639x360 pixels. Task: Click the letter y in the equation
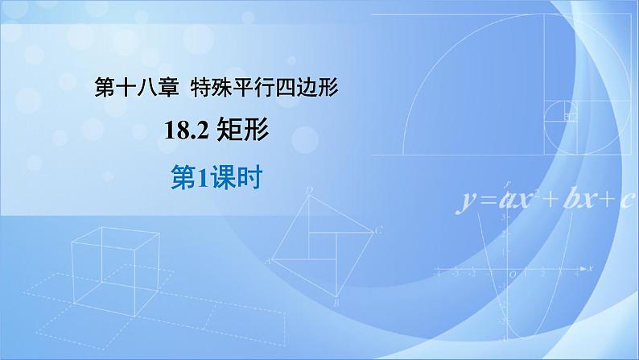pyautogui.click(x=466, y=201)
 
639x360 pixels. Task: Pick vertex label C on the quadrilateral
pyautogui.click(x=378, y=230)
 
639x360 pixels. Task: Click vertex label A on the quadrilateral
pyautogui.click(x=270, y=261)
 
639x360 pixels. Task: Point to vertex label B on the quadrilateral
pyautogui.click(x=338, y=303)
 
